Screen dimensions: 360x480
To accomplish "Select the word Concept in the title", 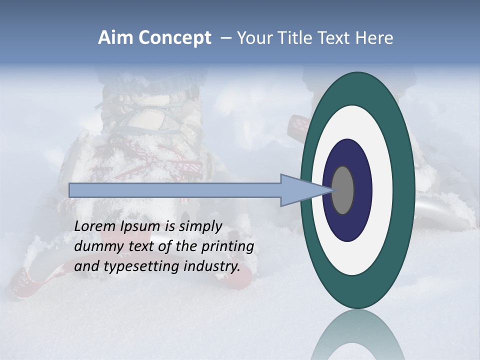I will tap(175, 38).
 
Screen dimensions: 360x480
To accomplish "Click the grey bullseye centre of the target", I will tap(343, 190).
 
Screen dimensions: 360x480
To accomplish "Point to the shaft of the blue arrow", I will tap(175, 190).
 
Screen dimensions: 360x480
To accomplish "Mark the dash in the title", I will tap(225, 38).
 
